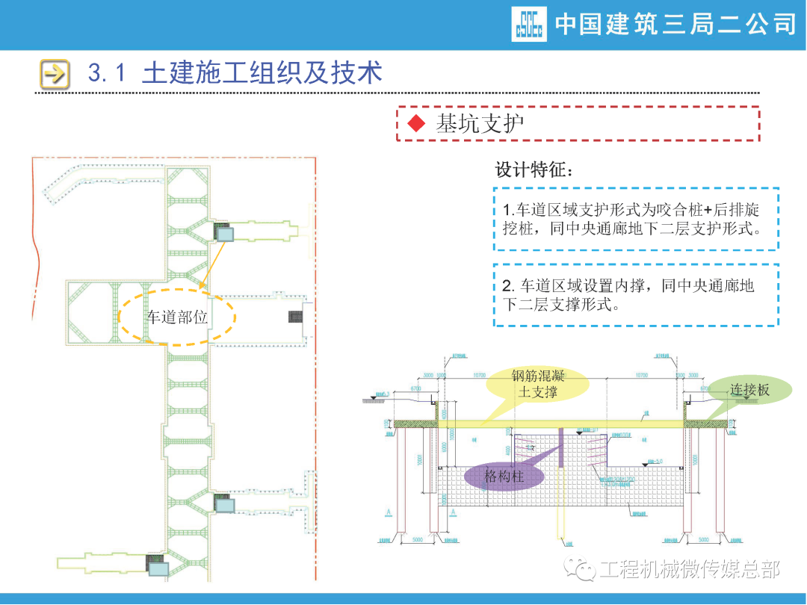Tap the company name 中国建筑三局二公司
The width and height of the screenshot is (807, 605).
tap(675, 24)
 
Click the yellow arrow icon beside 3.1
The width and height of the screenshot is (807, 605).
tap(55, 73)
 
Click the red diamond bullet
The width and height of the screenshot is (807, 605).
tap(415, 124)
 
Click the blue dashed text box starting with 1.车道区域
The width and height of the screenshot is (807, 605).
tap(635, 219)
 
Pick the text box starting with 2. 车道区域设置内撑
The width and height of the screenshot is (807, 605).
tap(635, 295)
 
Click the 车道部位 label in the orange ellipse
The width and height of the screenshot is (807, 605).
tap(177, 317)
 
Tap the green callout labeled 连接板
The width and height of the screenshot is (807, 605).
tap(749, 389)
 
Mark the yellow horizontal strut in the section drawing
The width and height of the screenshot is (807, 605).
tap(560, 423)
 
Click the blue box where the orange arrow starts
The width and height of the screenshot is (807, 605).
tap(225, 234)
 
